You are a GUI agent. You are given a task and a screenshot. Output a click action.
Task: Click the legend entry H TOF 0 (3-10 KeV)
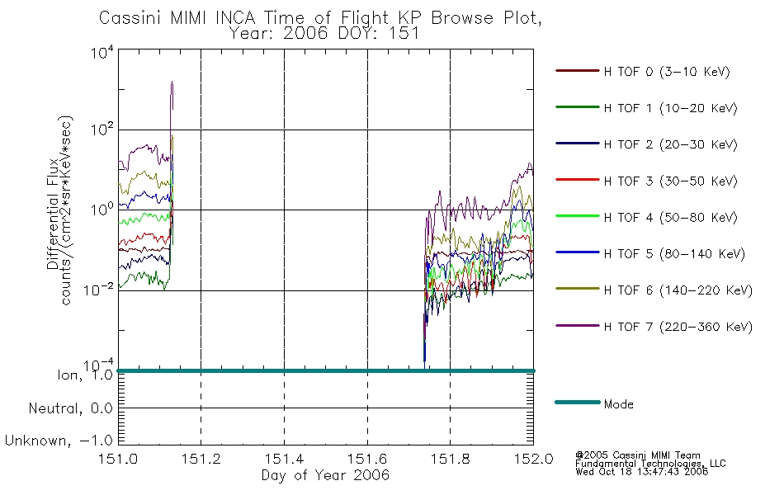tap(667, 72)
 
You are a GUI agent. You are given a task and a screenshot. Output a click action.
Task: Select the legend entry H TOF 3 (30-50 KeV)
tap(670, 181)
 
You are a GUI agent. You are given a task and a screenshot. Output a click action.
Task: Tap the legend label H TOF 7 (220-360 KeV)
tap(678, 327)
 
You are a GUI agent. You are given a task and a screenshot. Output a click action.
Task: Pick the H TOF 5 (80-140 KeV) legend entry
tap(674, 254)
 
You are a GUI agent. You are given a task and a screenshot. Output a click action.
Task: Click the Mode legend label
tap(618, 404)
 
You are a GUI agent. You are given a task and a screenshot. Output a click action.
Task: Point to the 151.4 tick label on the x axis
tap(284, 459)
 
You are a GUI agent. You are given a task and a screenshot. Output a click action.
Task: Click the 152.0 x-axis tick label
tap(533, 459)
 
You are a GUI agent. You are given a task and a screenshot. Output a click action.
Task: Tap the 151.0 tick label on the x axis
tap(118, 459)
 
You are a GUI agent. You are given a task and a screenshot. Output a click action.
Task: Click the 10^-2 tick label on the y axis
tap(98, 289)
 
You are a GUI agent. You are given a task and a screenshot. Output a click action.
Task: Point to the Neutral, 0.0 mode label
tap(70, 408)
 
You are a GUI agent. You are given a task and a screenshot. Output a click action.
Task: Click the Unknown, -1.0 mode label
tap(59, 441)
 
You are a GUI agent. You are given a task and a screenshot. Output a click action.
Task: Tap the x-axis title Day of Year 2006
tap(325, 475)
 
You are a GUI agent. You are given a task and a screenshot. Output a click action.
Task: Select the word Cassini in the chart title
tap(130, 18)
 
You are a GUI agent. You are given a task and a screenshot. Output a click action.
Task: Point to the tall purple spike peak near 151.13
tap(172, 82)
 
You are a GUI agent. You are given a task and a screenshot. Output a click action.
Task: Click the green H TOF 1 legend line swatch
tap(578, 107)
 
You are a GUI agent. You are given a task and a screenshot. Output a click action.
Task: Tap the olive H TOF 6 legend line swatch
tap(578, 289)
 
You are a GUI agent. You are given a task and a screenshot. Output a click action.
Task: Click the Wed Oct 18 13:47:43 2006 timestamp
tap(641, 472)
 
